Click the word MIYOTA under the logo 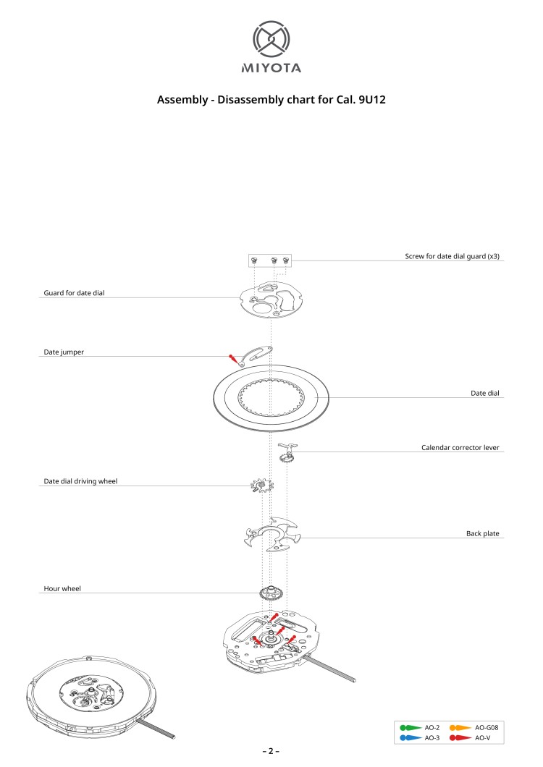[271, 69]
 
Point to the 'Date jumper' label [64, 352]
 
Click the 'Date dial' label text [485, 393]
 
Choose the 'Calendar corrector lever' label [460, 448]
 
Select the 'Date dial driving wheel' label [80, 480]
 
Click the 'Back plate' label [482, 533]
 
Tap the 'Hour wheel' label [62, 589]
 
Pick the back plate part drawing [271, 535]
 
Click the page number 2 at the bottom [271, 751]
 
